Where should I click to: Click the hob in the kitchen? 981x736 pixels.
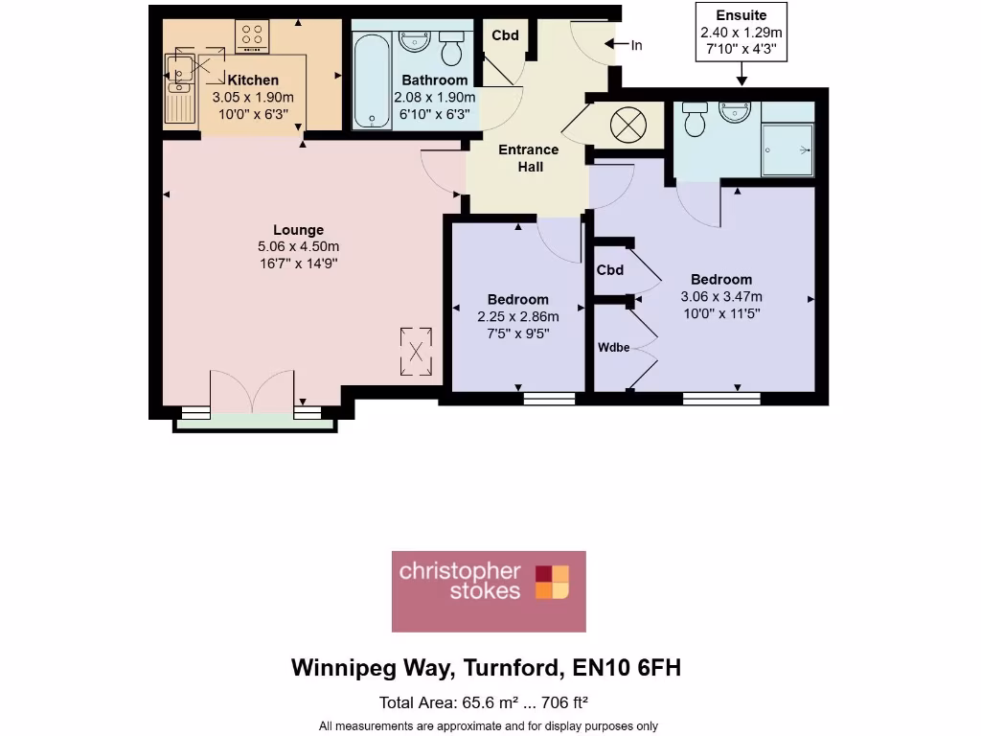click(x=252, y=37)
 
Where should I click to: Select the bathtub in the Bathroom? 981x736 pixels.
click(x=371, y=80)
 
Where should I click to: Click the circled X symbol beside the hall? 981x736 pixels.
click(x=628, y=124)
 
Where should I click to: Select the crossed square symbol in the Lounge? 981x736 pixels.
click(x=416, y=350)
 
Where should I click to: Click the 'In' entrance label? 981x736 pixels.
click(x=636, y=45)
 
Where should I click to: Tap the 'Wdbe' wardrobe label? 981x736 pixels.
click(x=614, y=347)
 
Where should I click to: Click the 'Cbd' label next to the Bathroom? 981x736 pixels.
click(x=505, y=35)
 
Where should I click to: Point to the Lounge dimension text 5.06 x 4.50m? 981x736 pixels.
click(x=298, y=246)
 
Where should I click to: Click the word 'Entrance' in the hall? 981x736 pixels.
click(x=528, y=149)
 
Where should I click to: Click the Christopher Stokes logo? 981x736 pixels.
click(x=489, y=590)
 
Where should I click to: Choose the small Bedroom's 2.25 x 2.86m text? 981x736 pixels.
click(x=517, y=316)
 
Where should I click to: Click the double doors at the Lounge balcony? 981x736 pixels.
click(x=251, y=395)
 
